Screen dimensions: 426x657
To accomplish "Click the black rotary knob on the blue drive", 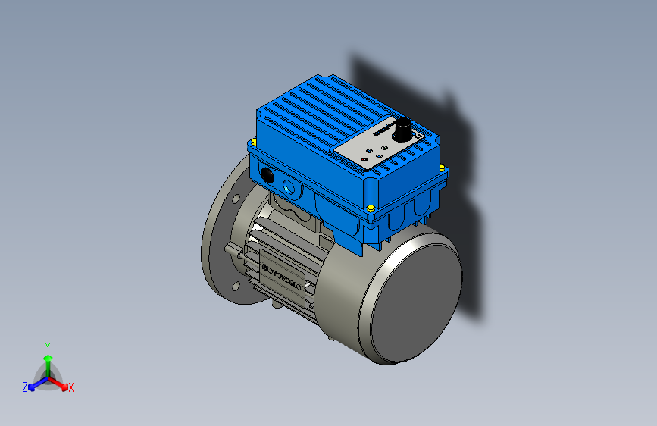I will click(404, 128).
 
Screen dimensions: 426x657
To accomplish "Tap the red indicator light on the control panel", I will click(368, 160).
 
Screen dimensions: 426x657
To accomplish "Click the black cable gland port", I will click(267, 174).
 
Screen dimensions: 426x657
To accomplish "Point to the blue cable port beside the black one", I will click(288, 184).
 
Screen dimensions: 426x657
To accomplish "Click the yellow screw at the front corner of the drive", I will click(370, 208).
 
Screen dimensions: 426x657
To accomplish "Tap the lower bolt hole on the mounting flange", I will click(235, 286).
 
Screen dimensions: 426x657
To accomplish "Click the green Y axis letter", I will click(47, 345).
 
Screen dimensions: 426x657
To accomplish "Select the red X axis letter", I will click(71, 387).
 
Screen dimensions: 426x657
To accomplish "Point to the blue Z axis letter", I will click(25, 387).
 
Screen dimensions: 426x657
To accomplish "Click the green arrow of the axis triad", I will click(47, 359).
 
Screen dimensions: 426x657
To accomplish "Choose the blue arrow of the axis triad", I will click(34, 383).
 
